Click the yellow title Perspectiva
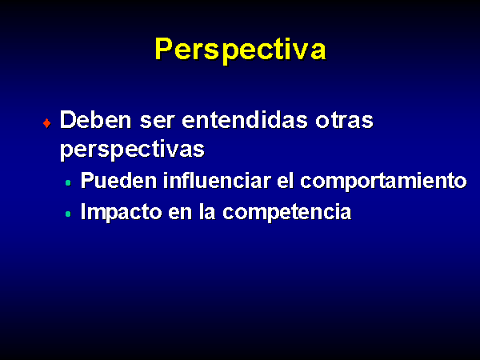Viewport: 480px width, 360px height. coord(241,50)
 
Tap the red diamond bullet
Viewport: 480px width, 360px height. coord(47,123)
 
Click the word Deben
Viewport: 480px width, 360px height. coord(96,120)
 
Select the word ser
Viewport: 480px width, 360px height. coord(158,122)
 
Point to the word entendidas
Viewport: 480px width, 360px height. coord(245,120)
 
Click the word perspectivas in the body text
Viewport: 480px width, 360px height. coord(132,150)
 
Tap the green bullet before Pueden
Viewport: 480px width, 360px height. coord(68,183)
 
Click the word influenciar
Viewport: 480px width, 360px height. coord(217,180)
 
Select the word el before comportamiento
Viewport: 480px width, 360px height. coord(286,180)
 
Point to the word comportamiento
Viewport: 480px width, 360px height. coord(383,182)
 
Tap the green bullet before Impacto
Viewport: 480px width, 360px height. coord(68,214)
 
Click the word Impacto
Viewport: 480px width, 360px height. coord(122,213)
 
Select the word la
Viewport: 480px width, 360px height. coord(207,211)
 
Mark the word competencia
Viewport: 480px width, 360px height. coord(287,213)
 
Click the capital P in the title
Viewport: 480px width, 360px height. coord(164,48)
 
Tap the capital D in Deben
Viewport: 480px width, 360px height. coord(68,120)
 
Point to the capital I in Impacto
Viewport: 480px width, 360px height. coord(83,211)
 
